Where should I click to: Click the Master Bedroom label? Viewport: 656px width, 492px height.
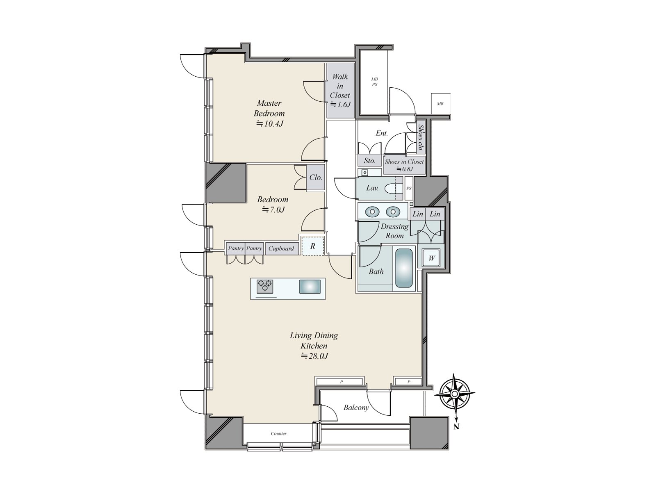[x=269, y=108]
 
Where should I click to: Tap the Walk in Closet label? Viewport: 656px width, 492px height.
[x=340, y=90]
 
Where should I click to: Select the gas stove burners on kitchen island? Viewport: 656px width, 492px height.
[x=265, y=285]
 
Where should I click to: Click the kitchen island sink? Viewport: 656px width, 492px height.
[x=310, y=286]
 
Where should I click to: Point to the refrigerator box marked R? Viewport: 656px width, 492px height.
[x=313, y=246]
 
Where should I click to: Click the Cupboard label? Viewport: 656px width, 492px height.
[x=281, y=248]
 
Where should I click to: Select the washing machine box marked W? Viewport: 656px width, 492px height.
[x=431, y=258]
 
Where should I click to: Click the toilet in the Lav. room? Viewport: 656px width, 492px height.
[x=396, y=188]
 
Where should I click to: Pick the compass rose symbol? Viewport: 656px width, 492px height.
[x=454, y=394]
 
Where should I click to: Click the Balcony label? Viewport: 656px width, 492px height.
[x=356, y=408]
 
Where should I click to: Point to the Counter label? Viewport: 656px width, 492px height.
[x=278, y=433]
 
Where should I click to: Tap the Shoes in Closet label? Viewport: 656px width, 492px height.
[x=404, y=162]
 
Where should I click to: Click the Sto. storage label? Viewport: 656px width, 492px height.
[x=369, y=161]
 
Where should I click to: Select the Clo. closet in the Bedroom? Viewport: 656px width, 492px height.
[x=315, y=178]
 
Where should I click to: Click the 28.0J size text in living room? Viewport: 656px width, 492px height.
[x=314, y=356]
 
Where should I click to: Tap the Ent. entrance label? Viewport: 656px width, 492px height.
[x=382, y=133]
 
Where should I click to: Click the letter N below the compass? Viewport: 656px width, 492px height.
[x=457, y=427]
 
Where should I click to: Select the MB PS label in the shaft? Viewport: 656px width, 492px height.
[x=374, y=82]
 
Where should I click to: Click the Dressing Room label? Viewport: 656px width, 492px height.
[x=394, y=231]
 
